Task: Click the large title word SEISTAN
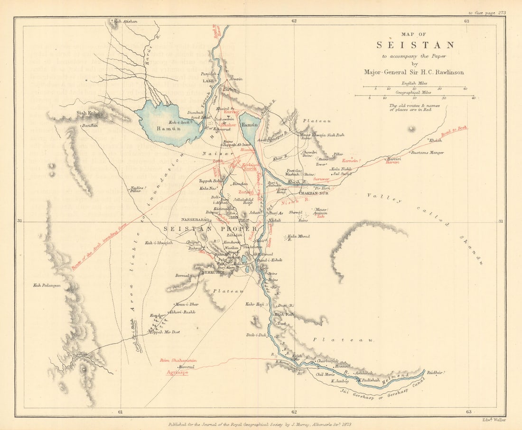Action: click(415, 45)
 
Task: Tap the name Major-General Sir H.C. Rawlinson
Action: click(414, 72)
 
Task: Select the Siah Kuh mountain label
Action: click(86, 113)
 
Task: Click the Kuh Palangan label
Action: click(47, 286)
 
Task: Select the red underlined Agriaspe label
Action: click(177, 373)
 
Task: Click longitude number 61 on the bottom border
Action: click(120, 412)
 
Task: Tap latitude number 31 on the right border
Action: click(501, 221)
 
